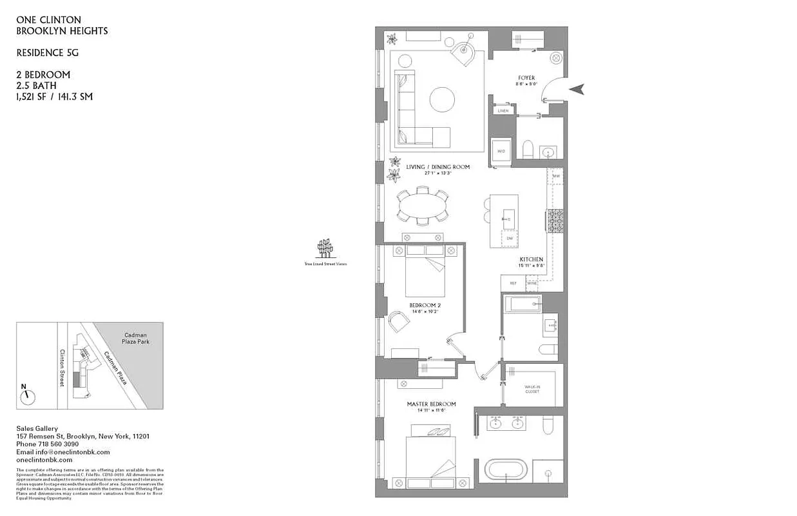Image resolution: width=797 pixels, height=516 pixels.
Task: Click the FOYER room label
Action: click(x=526, y=78)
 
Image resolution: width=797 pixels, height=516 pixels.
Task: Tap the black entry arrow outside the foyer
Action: click(x=579, y=89)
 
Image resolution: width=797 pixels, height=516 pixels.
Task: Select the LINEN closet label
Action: click(x=503, y=111)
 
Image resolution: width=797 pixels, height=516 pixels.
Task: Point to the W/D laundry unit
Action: click(x=501, y=152)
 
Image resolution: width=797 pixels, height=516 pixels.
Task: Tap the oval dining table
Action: click(x=423, y=207)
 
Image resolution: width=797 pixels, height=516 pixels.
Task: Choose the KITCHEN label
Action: click(x=532, y=259)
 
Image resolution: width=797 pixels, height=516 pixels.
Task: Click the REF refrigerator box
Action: click(x=513, y=283)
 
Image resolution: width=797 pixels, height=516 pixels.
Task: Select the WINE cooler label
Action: click(x=532, y=283)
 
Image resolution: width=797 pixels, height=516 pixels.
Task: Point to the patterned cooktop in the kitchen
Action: click(x=556, y=221)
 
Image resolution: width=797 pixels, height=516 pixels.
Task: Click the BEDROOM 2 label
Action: click(x=425, y=305)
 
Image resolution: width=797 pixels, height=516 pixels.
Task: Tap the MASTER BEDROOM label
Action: click(x=431, y=404)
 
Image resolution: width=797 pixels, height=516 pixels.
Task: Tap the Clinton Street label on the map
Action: click(x=62, y=368)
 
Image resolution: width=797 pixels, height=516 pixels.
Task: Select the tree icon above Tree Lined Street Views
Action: click(x=326, y=248)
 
